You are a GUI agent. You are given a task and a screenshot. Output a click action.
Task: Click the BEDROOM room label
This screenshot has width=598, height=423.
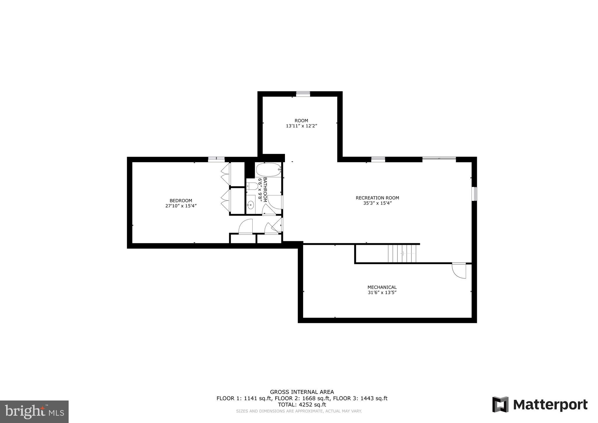click(x=181, y=200)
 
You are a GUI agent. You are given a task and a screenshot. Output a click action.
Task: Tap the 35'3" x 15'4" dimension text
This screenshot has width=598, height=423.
click(x=377, y=203)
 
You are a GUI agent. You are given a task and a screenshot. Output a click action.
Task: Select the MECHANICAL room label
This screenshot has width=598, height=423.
click(x=382, y=287)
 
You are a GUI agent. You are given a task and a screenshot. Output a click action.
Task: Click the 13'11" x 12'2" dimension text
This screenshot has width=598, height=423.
click(x=301, y=126)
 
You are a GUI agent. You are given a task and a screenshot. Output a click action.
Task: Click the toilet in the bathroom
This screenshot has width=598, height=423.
click(x=251, y=186)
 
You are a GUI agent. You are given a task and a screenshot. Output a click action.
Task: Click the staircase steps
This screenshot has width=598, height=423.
click(x=402, y=254)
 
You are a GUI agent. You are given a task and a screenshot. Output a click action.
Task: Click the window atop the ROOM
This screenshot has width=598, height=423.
click(x=303, y=94)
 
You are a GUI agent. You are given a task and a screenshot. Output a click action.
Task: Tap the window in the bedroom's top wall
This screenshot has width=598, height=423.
click(x=216, y=159)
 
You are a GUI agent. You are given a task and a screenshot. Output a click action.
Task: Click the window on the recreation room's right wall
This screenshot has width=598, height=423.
click(x=474, y=194)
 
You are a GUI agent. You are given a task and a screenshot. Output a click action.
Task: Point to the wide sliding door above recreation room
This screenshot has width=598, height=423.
click(x=439, y=159)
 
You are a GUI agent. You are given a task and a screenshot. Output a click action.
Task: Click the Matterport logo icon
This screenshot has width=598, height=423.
click(x=500, y=404)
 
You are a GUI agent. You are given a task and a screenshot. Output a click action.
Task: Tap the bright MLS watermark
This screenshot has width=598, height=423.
click(x=34, y=412)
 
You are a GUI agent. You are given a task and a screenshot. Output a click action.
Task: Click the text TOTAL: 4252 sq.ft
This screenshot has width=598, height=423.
click(x=302, y=405)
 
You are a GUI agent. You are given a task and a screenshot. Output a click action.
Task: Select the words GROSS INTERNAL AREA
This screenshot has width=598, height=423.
click(x=302, y=392)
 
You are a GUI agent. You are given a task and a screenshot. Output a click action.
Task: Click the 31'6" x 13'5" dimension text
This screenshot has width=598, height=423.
click(x=382, y=292)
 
